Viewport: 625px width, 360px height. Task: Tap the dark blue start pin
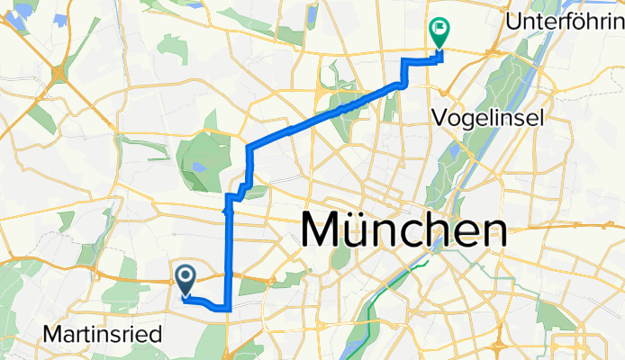[186, 281]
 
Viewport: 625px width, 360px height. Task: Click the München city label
[402, 231]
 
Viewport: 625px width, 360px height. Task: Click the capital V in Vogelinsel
[439, 117]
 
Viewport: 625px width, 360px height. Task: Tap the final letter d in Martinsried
[157, 335]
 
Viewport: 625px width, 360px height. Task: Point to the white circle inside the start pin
[186, 275]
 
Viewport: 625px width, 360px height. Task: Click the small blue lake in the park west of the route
[197, 166]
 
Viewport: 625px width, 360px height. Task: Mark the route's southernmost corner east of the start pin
[230, 309]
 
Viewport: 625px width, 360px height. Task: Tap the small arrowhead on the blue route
[225, 211]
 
